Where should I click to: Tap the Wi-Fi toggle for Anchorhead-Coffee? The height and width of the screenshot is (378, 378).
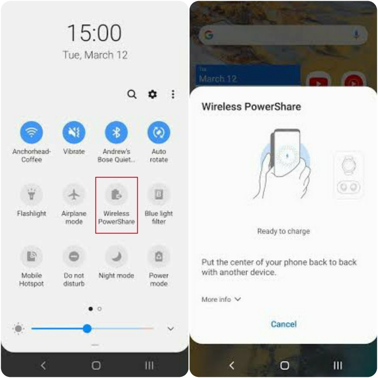[31, 132]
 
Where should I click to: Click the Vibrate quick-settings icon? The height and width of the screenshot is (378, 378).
[74, 132]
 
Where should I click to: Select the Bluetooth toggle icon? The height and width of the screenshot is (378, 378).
[116, 132]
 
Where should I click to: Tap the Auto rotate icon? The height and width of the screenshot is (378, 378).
[159, 132]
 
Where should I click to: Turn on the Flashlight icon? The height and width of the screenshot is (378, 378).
[31, 194]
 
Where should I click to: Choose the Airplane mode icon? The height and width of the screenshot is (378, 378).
[74, 194]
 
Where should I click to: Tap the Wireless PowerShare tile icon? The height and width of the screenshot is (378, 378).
[116, 194]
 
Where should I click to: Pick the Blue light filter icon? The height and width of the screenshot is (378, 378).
[159, 194]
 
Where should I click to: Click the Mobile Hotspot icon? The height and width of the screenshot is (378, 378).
[31, 256]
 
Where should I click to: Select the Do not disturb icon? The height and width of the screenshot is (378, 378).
[74, 256]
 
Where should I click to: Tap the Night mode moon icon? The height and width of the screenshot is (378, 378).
[116, 256]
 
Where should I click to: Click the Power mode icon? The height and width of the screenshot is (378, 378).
[159, 256]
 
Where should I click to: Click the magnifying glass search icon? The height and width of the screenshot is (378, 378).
[132, 94]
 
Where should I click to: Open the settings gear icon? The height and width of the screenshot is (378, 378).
[152, 94]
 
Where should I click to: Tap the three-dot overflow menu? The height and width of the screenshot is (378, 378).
[173, 94]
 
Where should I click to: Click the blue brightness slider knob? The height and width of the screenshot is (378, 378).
[87, 328]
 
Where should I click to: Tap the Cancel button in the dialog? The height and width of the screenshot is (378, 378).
[283, 324]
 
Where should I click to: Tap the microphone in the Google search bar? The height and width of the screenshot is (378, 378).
[356, 35]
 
